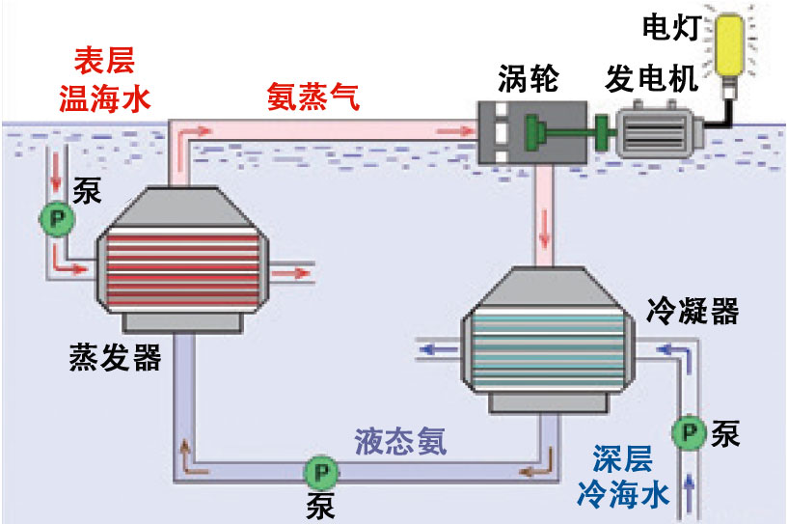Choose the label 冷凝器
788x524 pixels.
[x=692, y=311]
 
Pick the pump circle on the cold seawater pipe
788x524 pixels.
[x=689, y=434]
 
